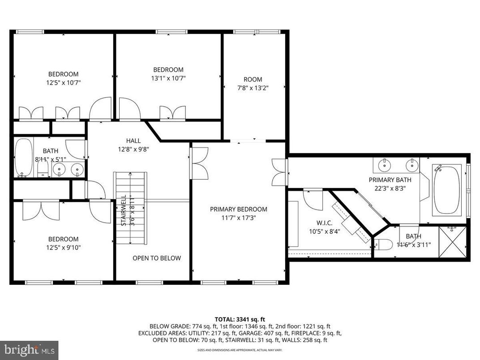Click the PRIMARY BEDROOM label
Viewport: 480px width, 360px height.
pos(239,209)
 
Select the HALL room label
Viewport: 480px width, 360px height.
pos(133,140)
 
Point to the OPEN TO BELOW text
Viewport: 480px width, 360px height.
pos(157,258)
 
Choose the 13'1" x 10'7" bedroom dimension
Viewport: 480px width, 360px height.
pos(168,78)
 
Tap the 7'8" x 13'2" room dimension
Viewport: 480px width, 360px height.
pos(253,88)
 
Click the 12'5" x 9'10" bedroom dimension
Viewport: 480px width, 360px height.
pos(63,247)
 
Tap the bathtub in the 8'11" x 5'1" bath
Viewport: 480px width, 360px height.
pos(22,158)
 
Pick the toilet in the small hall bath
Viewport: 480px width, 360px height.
pos(43,168)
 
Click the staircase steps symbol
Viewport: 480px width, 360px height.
pos(131,208)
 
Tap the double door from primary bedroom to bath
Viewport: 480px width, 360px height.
pos(279,171)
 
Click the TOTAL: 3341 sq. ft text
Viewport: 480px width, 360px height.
pos(240,319)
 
